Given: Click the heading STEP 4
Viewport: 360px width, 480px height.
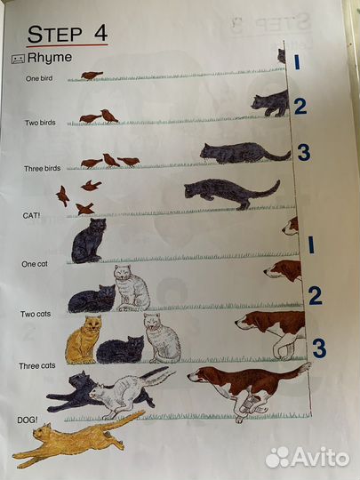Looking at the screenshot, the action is (x=68, y=34).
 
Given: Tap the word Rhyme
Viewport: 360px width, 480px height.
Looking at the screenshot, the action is (x=50, y=58).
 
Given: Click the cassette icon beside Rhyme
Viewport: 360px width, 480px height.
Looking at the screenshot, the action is (x=18, y=59).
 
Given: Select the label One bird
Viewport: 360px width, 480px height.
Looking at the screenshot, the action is (x=39, y=78).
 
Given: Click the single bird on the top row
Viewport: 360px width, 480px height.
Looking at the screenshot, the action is (x=92, y=76).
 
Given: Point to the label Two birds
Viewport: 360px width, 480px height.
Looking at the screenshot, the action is (x=40, y=123).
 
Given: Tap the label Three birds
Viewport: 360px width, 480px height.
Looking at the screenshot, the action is (x=43, y=168).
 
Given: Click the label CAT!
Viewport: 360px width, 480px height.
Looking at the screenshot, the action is (x=31, y=215).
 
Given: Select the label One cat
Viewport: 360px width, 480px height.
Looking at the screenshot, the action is (x=35, y=264).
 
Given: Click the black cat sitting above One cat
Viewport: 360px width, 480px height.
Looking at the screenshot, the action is (x=88, y=241).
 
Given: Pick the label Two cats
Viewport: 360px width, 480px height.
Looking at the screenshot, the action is (x=36, y=314).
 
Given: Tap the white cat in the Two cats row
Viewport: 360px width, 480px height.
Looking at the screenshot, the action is (x=132, y=288).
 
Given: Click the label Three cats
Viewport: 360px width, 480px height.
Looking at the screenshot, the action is (x=37, y=366).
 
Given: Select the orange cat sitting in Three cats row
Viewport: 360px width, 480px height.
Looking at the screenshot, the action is (x=84, y=340).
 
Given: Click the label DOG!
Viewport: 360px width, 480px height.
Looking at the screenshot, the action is (x=28, y=420).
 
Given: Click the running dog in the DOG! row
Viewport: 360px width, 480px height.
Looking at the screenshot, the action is (x=249, y=389).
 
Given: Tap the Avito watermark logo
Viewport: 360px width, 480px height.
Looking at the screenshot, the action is (x=308, y=458).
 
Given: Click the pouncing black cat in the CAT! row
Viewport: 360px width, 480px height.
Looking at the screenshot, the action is (x=232, y=194).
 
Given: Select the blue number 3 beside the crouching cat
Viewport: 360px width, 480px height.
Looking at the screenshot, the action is (x=304, y=153).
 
